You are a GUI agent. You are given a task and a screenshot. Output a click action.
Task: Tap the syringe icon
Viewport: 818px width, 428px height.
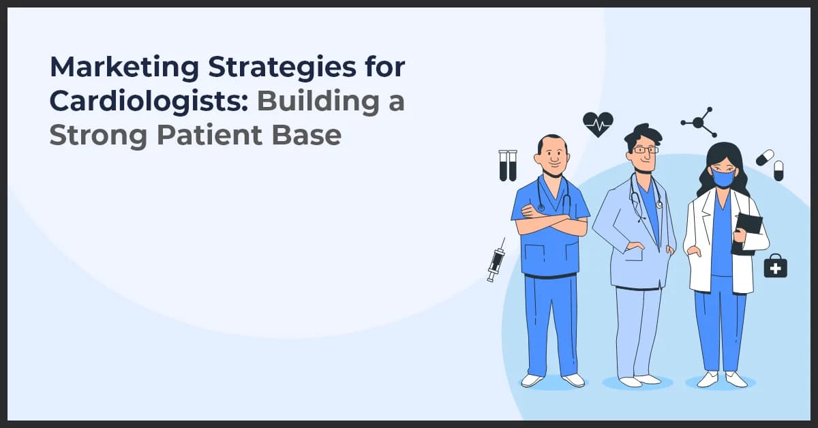496,260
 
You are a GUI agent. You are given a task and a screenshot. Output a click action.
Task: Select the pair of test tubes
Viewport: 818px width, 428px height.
508,165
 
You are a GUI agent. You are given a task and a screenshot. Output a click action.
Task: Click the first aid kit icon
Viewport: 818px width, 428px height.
775,266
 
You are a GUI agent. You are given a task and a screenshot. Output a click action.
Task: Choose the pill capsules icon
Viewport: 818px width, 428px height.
770,164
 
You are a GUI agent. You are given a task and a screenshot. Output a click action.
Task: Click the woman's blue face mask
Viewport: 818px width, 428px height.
723,179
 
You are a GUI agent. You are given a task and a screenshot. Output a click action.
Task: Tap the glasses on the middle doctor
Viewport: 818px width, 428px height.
644,149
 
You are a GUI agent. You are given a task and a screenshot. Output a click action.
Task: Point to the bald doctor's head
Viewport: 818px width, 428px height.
550,153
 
